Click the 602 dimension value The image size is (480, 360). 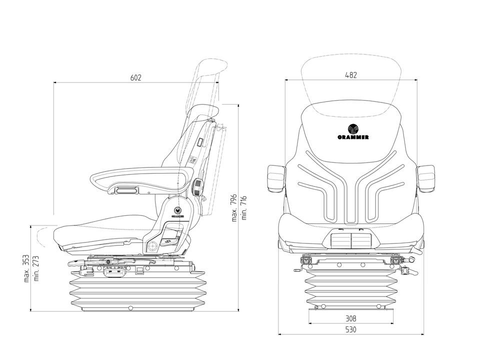[135, 77]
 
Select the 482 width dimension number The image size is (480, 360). [351, 75]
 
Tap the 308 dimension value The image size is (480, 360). [351, 318]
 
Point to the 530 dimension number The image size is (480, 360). [351, 329]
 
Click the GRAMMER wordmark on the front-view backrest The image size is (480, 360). [353, 137]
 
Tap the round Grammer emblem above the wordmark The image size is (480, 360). [353, 128]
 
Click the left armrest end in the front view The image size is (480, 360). [276, 178]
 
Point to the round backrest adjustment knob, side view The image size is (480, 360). [197, 187]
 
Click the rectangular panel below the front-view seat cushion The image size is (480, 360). [351, 239]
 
